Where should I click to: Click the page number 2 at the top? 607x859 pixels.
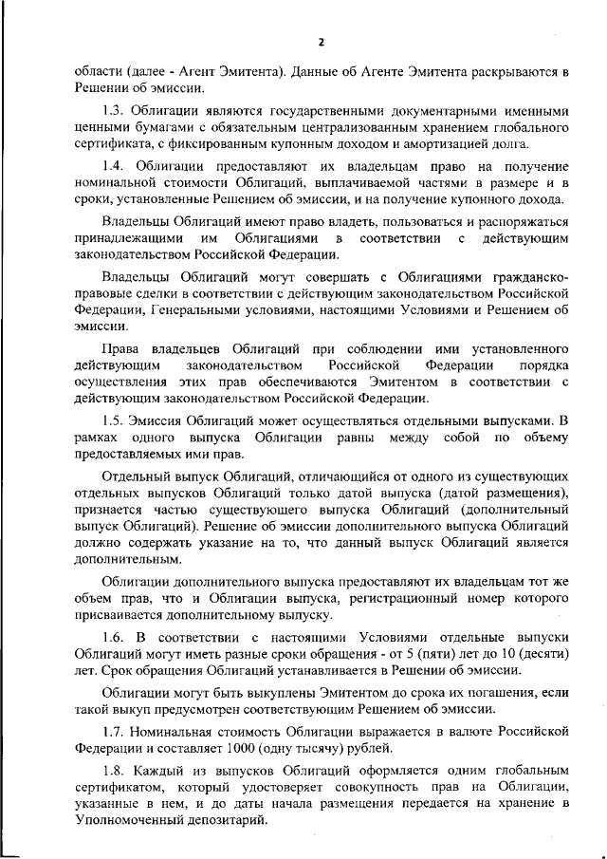coord(322,42)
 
